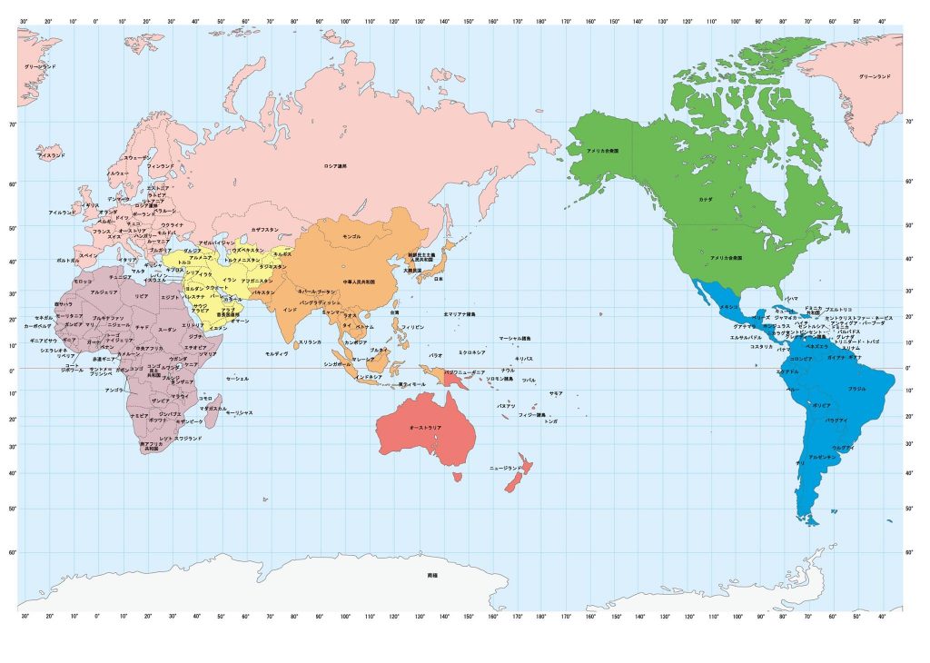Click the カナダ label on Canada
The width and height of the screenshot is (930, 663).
coord(705,198)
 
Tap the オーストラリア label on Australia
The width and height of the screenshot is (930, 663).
coord(425,427)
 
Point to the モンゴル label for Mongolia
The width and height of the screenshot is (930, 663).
coord(351,236)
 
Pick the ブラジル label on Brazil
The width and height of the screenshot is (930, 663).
coord(856,388)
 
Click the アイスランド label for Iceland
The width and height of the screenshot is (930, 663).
coord(51,156)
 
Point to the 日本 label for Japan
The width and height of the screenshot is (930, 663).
coord(438,279)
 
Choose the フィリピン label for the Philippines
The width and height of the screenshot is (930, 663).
coord(412,325)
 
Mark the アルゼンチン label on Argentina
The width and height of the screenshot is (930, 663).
coord(822,457)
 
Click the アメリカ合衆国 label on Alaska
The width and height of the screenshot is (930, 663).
coord(603,150)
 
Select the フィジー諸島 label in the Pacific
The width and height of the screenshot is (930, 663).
coord(531,414)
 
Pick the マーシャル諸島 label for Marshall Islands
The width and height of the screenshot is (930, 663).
coord(515,338)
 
